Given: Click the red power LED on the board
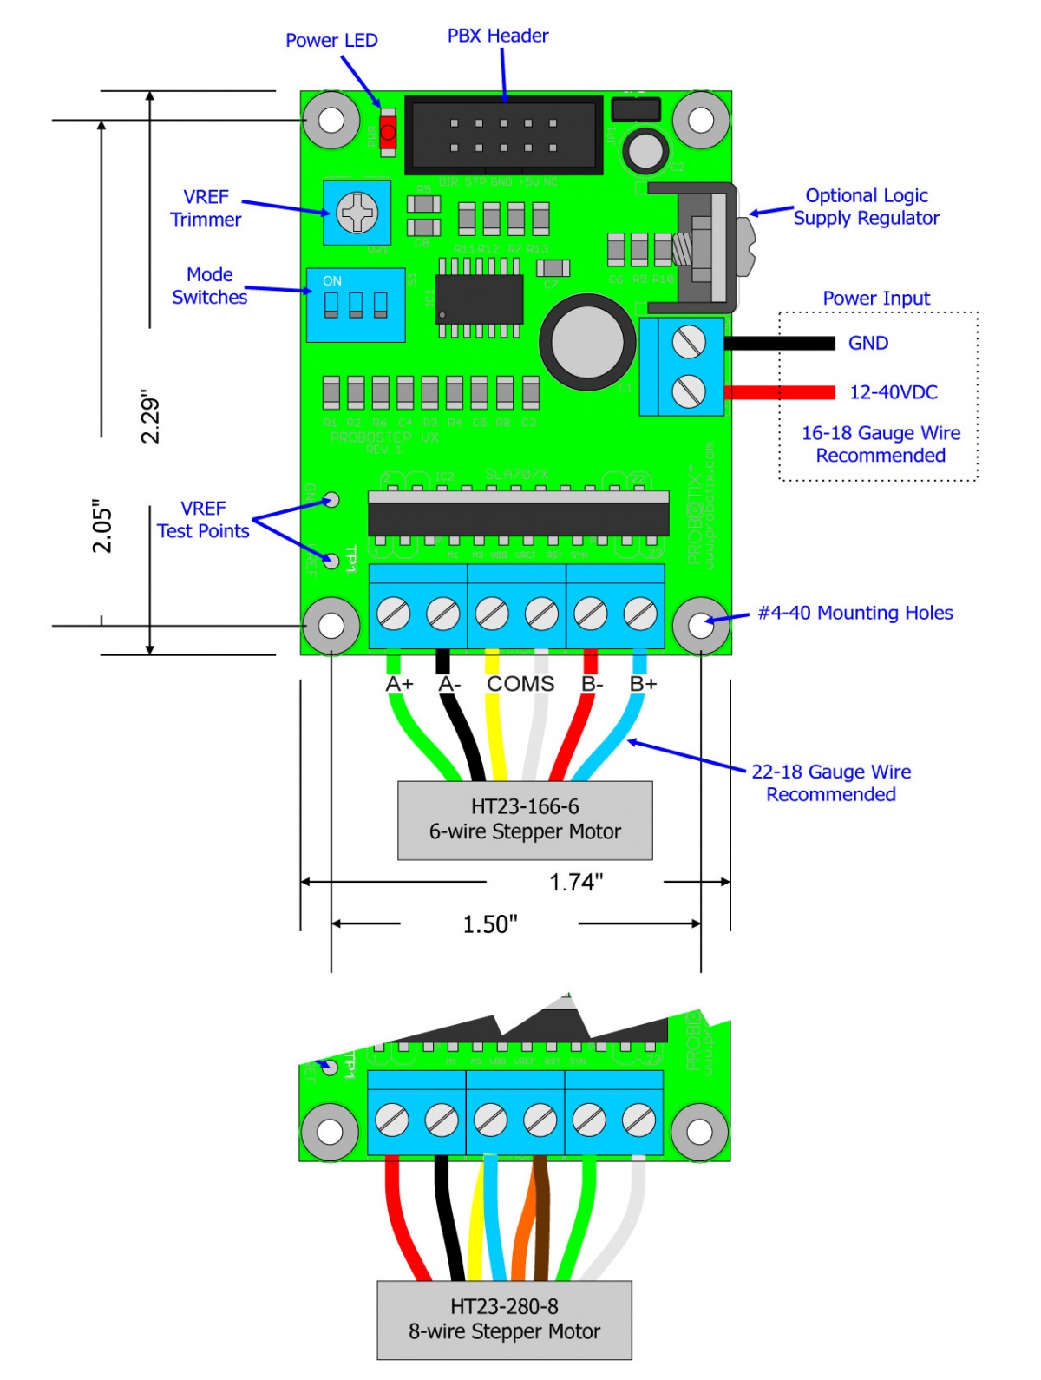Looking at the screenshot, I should [x=388, y=133].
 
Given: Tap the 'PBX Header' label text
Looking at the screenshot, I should [x=498, y=36].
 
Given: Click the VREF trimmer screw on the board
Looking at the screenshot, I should [x=357, y=213].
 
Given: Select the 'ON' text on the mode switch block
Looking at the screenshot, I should [x=332, y=281].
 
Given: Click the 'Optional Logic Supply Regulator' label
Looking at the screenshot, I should [x=866, y=207].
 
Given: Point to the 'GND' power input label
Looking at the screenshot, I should [x=868, y=344].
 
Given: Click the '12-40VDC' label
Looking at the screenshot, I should [x=893, y=392].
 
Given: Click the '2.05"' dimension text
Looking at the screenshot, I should [x=103, y=526].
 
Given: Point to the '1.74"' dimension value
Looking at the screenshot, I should [x=576, y=883].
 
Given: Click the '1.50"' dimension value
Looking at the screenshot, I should [x=489, y=924].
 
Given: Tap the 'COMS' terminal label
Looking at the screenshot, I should [x=520, y=685].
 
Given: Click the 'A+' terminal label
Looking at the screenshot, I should [x=400, y=685].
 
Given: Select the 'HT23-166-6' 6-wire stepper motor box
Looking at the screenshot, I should [x=525, y=820].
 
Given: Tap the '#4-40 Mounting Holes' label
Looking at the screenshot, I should [x=855, y=614].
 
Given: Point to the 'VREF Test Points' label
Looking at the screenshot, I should [x=203, y=520].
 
